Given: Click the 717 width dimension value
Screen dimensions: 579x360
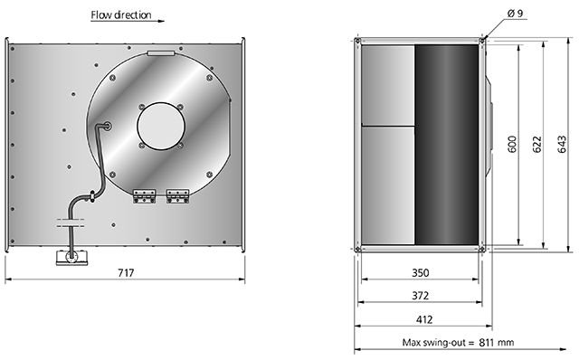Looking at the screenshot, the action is pos(126,272).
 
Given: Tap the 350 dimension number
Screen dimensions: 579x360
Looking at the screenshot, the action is pos(421,272).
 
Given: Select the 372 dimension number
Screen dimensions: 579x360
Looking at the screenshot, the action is pos(421,296).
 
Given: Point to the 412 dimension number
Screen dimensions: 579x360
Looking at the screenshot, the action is pos(423,319).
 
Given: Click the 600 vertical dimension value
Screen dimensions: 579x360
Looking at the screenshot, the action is pos(512,144).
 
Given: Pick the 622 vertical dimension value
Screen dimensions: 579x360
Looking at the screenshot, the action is pos(536,144).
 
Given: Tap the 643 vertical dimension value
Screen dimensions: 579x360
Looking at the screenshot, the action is pos(561,144).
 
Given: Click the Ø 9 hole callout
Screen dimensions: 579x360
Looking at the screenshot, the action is pos(516,14).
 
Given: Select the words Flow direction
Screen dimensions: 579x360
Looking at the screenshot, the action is pos(121,14).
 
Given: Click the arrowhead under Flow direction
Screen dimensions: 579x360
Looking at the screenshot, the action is pos(161,21).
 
